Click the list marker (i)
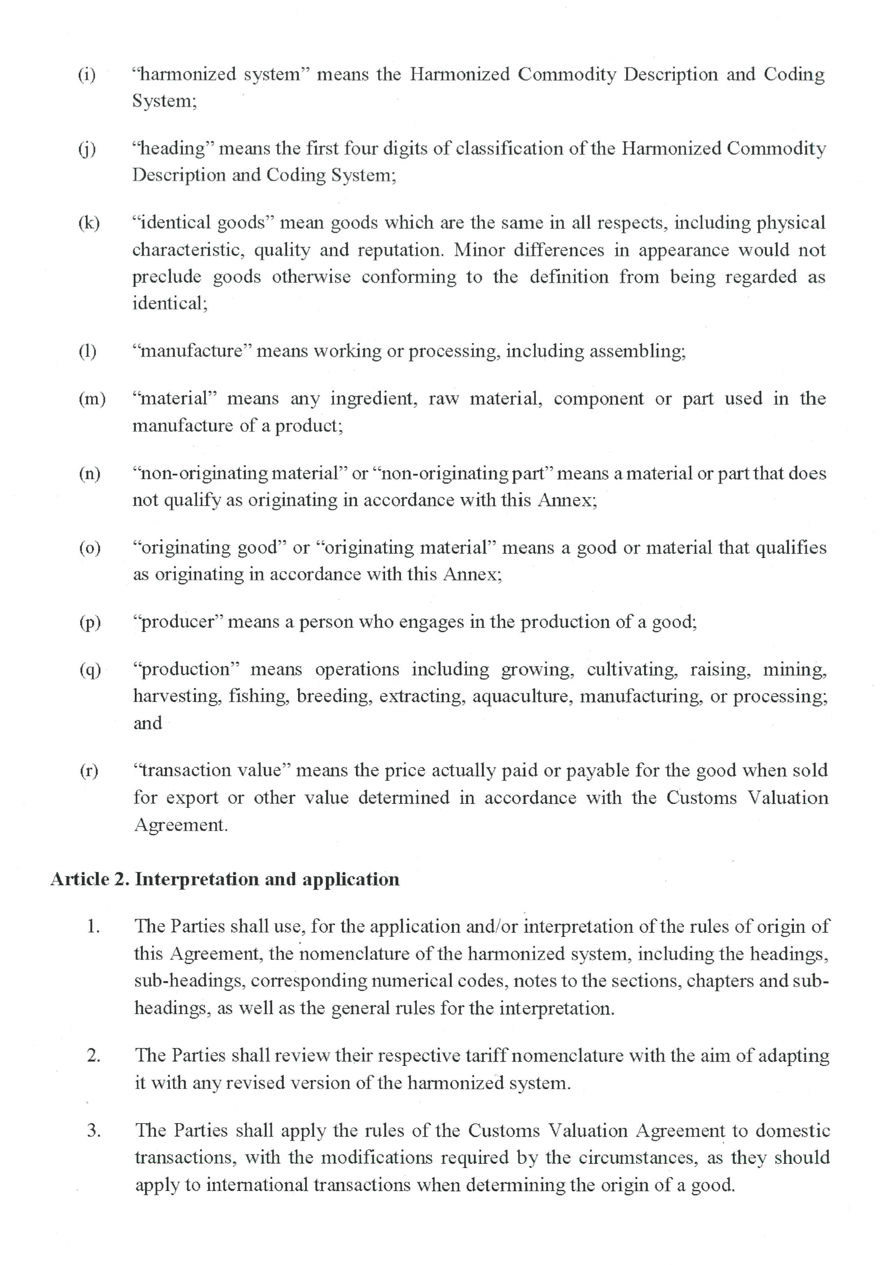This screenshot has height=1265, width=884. (87, 74)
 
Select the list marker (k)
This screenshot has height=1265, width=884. (88, 223)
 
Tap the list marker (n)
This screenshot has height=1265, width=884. (89, 473)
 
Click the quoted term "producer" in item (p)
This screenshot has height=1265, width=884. (177, 622)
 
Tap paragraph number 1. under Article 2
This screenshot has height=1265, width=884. (93, 927)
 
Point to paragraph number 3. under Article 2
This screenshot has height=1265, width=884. (94, 1131)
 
